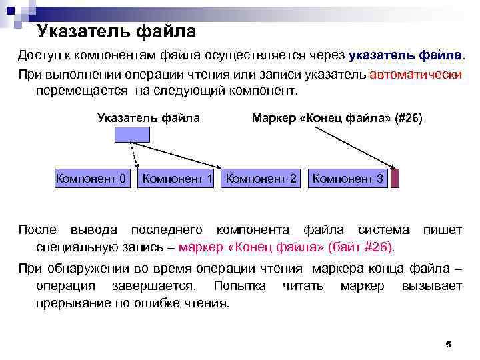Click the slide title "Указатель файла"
pyautogui.click(x=117, y=31)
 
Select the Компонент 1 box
pyautogui.click(x=177, y=179)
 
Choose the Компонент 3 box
pyautogui.click(x=347, y=179)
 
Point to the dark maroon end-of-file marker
pyautogui.click(x=395, y=179)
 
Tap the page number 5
pyautogui.click(x=448, y=345)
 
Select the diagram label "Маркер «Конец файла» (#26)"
pyautogui.click(x=337, y=118)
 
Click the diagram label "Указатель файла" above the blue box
pyautogui.click(x=149, y=118)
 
